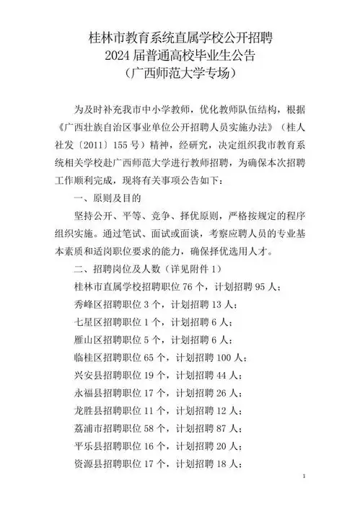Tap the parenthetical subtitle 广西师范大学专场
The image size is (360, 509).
180,74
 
